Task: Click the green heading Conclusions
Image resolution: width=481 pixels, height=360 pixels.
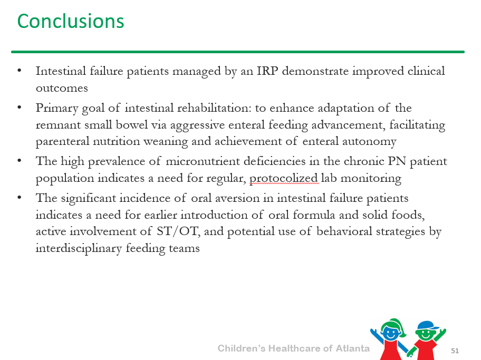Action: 71,21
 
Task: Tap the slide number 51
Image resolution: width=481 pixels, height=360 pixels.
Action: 455,351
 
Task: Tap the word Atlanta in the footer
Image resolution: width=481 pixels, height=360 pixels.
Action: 352,348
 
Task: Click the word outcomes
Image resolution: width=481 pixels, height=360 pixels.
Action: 62,89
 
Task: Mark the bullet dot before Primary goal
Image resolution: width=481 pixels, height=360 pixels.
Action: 20,108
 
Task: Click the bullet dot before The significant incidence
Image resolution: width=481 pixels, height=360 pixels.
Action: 20,198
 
